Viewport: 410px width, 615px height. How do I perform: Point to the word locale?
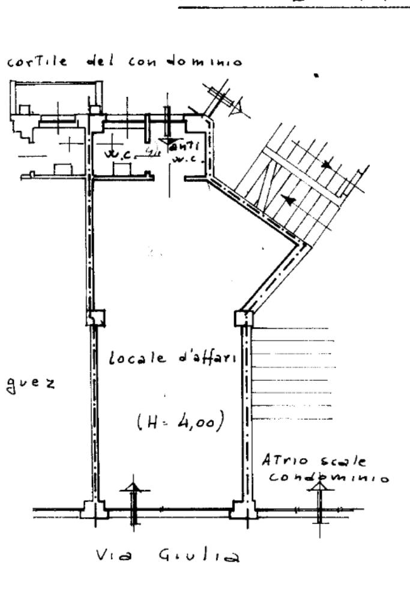(x=130, y=360)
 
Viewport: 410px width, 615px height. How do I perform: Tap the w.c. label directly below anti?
(x=181, y=160)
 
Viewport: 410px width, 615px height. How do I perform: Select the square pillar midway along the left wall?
(x=95, y=317)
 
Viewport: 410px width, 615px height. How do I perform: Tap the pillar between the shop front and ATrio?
(x=243, y=512)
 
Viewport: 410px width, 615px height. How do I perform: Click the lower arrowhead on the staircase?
(x=290, y=201)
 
